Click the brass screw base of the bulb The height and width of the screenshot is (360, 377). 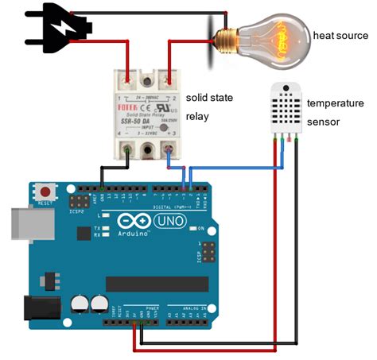coord(225,36)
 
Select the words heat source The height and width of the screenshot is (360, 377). coord(340,36)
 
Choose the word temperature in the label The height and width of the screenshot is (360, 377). coord(336,103)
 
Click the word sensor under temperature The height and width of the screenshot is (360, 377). coord(323,122)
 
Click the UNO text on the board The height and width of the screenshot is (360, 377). coord(165,220)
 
